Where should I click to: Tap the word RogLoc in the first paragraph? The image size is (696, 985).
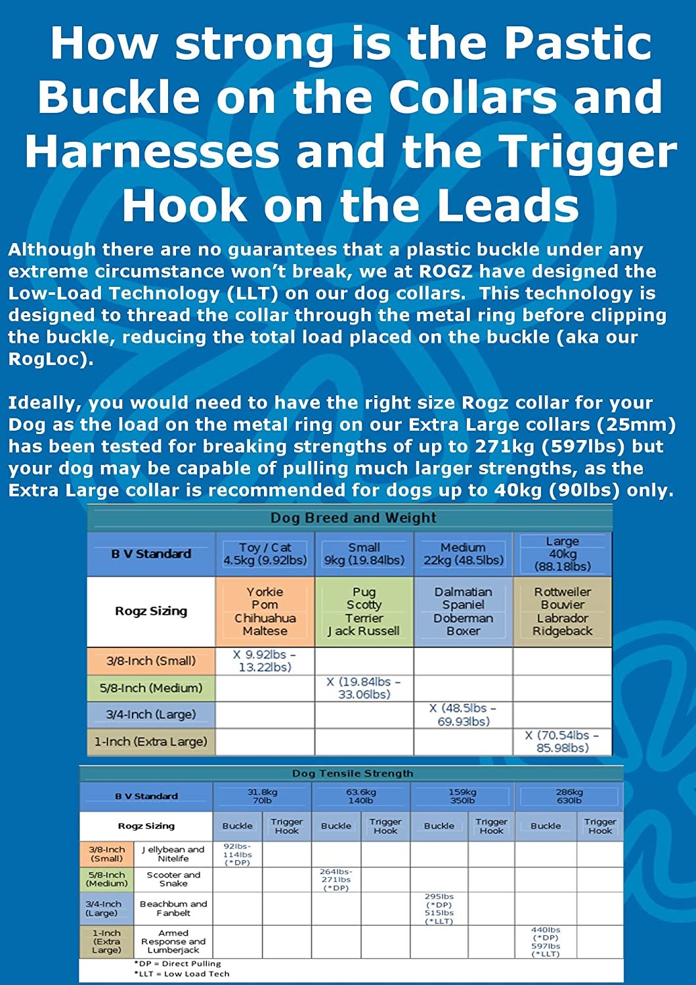pos(46,359)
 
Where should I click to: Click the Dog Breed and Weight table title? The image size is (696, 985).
pos(353,518)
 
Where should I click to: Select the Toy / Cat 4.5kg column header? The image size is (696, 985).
pos(265,554)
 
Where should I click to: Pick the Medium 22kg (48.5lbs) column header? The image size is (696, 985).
pos(463,554)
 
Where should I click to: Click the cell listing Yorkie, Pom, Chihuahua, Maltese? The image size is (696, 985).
pos(265,611)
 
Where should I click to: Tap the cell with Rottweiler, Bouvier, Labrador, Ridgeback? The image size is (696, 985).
pos(562,611)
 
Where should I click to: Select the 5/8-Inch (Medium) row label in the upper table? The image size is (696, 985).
pos(151,688)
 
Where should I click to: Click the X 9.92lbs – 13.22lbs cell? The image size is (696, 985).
pos(265,661)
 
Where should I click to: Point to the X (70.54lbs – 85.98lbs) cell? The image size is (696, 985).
pos(562,741)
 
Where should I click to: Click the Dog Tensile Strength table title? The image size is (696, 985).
pos(353,774)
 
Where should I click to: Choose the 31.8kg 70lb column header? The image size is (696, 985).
pos(262,796)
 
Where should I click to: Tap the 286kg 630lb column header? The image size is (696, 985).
pos(569,796)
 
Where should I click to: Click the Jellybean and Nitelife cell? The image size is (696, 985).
pos(173,854)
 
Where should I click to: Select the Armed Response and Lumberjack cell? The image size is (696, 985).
pos(173,941)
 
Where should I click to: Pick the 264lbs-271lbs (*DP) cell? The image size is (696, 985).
pos(336,879)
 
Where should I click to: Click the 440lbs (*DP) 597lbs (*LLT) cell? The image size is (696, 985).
pos(546,941)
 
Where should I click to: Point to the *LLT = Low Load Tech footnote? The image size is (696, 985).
pos(182,974)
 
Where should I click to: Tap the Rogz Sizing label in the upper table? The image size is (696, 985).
pos(151,611)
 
